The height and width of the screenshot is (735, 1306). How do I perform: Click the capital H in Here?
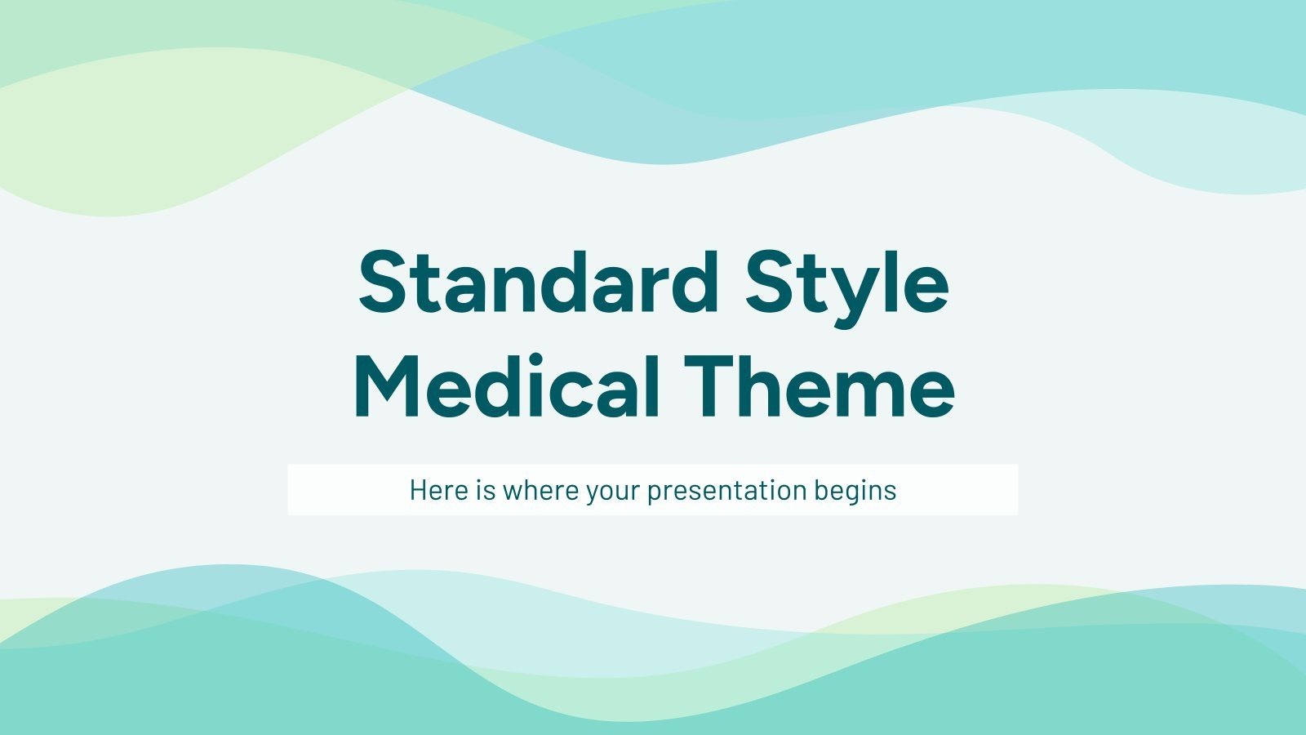point(417,490)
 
